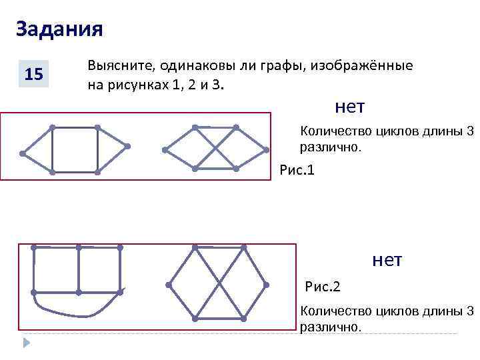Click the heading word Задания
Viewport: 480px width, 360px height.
pyautogui.click(x=59, y=29)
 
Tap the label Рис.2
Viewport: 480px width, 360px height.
pyautogui.click(x=323, y=287)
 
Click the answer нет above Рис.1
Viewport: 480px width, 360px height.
pyautogui.click(x=350, y=107)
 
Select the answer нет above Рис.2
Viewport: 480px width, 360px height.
pyautogui.click(x=387, y=260)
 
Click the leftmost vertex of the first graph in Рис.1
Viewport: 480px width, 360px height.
pyautogui.click(x=22, y=154)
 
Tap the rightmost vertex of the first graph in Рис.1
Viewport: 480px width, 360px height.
pyautogui.click(x=127, y=145)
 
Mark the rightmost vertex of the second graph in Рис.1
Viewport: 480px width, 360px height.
pyautogui.click(x=266, y=150)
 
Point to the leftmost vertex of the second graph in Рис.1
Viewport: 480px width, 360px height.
pyautogui.click(x=164, y=149)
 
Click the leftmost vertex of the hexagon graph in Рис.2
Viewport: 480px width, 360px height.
pyautogui.click(x=169, y=285)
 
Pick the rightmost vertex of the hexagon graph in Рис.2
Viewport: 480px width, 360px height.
pyautogui.click(x=266, y=285)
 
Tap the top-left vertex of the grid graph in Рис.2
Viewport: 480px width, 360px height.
pyautogui.click(x=34, y=248)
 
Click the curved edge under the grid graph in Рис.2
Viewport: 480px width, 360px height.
pyautogui.click(x=73, y=314)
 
